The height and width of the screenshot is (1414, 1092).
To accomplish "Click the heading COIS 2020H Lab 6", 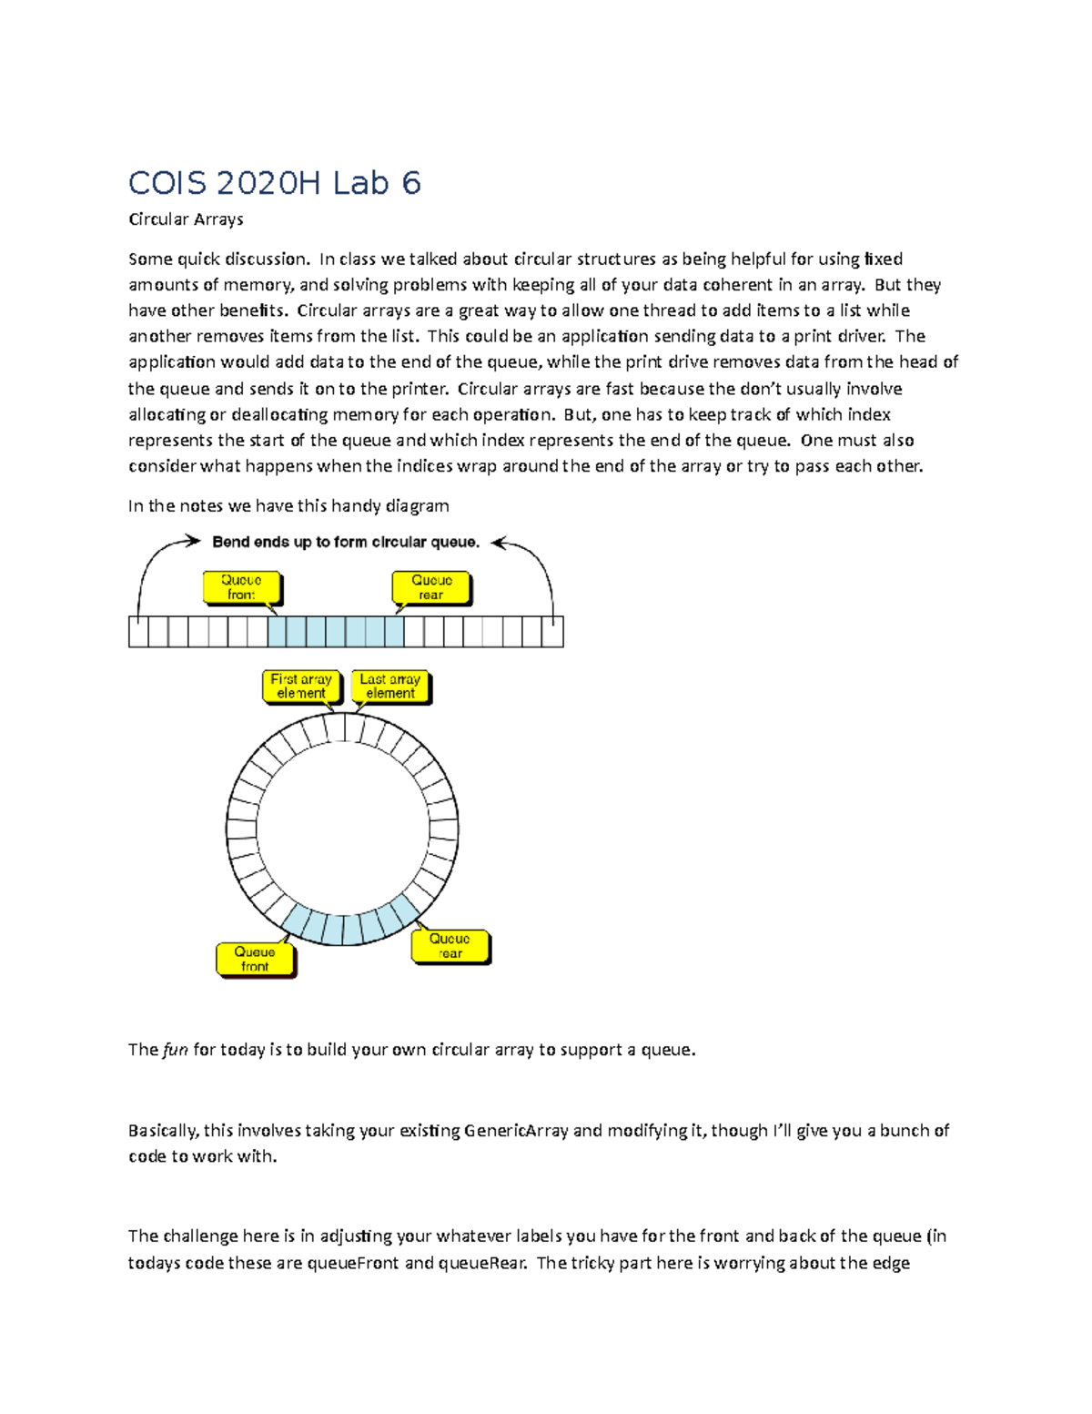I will point(274,184).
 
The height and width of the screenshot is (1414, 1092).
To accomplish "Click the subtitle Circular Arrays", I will point(186,219).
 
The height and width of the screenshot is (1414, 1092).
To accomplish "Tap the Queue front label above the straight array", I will point(241,587).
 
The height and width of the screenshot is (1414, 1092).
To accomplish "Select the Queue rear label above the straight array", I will point(431,587).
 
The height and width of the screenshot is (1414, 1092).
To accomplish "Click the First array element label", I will point(301,687).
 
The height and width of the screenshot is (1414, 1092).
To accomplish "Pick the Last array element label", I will point(390,687).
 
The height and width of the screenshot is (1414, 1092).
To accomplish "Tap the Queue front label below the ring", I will point(255,960).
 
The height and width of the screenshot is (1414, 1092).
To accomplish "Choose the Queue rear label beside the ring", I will point(450,946).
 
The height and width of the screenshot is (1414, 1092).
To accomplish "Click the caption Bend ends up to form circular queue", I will point(346,543).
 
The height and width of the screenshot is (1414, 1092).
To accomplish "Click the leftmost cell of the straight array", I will point(138,632).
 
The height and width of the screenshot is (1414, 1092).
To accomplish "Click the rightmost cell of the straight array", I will point(553,632).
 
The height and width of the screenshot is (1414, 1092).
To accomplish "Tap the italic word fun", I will point(176,1050).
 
